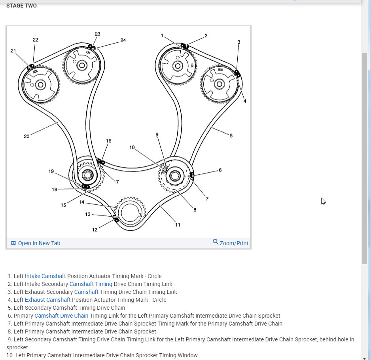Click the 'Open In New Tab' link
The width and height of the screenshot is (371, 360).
pyautogui.click(x=39, y=243)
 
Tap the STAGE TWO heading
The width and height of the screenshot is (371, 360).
pyautogui.click(x=21, y=6)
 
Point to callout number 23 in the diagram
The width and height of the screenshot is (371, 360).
pyautogui.click(x=98, y=34)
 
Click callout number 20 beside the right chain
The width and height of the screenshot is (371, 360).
pyautogui.click(x=26, y=136)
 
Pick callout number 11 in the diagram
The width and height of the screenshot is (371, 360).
pyautogui.click(x=178, y=225)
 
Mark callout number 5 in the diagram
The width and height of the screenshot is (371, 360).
pyautogui.click(x=231, y=135)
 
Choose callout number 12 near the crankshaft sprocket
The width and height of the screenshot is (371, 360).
pyautogui.click(x=95, y=230)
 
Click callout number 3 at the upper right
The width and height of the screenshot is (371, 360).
pyautogui.click(x=239, y=42)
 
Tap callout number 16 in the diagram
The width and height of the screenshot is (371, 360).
pyautogui.click(x=108, y=141)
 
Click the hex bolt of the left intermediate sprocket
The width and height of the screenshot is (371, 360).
pyautogui.click(x=87, y=175)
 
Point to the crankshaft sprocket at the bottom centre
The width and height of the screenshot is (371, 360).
pyautogui.click(x=130, y=213)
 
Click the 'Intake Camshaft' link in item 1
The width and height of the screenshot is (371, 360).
pyautogui.click(x=45, y=276)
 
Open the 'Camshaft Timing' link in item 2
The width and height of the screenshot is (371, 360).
pyautogui.click(x=91, y=284)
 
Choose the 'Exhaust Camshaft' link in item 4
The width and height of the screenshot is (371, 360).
pyautogui.click(x=47, y=300)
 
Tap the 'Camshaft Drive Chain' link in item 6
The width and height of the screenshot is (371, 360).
pyautogui.click(x=61, y=316)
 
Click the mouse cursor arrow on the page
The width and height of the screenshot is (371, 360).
pyautogui.click(x=323, y=201)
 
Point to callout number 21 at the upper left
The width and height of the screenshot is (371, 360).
pyautogui.click(x=13, y=51)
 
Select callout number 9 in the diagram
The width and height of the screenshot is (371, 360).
pyautogui.click(x=157, y=135)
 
